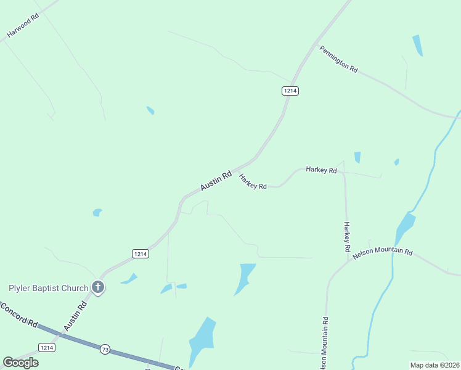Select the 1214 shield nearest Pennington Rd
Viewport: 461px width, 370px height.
(x=290, y=91)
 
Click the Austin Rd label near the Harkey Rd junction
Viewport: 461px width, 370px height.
(x=216, y=180)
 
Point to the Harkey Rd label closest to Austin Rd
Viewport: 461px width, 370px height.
(x=253, y=181)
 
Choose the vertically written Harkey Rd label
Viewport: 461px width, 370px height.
(x=347, y=237)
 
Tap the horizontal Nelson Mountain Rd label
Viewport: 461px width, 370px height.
(x=382, y=251)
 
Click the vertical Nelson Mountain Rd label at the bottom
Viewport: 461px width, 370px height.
(x=324, y=343)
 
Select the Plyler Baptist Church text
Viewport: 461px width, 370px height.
(x=47, y=287)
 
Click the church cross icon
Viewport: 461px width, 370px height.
(x=97, y=287)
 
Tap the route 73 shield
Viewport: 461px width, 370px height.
(x=105, y=350)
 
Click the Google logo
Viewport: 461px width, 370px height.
(x=20, y=362)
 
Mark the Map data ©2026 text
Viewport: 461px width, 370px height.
(x=434, y=365)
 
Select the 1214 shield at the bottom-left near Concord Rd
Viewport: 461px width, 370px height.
(x=46, y=347)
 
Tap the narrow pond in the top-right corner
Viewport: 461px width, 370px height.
(x=417, y=46)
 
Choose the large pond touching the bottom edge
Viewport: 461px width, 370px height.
(x=202, y=342)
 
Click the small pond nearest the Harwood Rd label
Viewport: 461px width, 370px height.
(x=150, y=110)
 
